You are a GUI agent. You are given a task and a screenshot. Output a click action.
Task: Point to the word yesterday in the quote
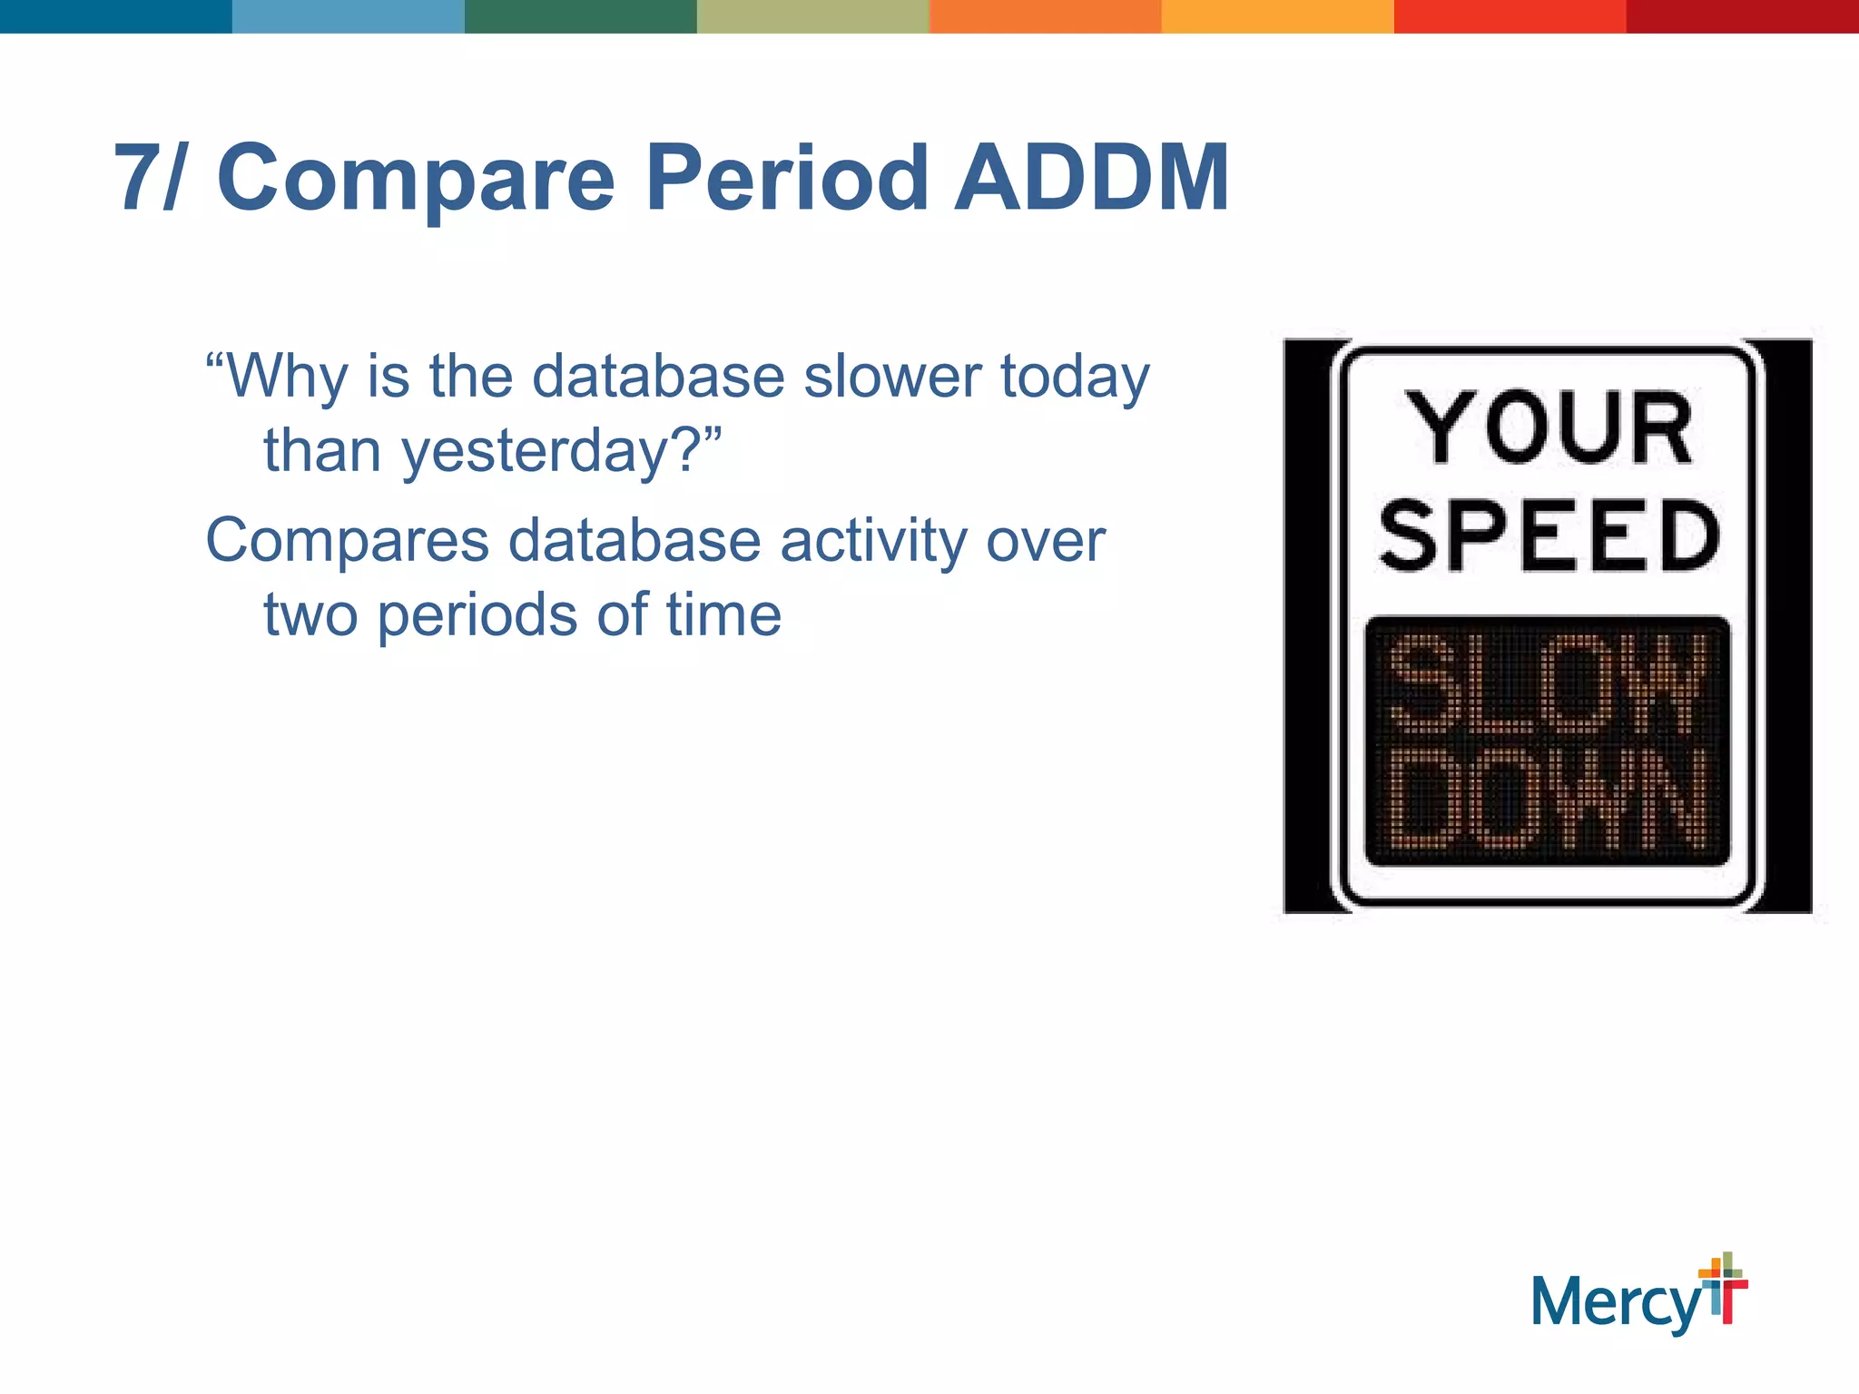[x=536, y=451]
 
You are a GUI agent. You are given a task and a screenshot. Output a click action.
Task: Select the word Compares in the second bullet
[x=347, y=542]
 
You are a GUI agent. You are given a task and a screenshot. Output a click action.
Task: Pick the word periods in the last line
[x=477, y=616]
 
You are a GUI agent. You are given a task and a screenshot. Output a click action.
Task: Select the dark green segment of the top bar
[x=581, y=16]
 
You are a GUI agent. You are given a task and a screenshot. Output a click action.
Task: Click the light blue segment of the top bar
[x=349, y=16]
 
